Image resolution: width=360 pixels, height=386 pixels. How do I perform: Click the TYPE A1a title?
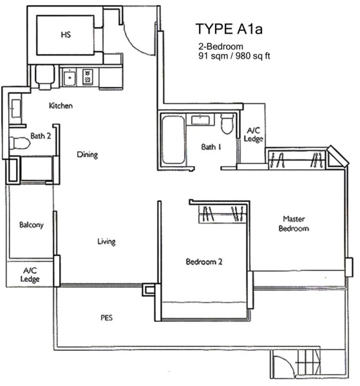[x=229, y=29]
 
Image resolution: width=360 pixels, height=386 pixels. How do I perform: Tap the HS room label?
[x=66, y=34]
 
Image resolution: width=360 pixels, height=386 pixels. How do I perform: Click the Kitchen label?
[x=61, y=105]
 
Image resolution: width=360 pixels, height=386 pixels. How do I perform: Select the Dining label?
[x=87, y=155]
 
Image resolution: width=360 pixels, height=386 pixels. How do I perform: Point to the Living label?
[x=106, y=241]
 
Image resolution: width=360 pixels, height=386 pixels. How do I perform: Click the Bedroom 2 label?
[x=204, y=261]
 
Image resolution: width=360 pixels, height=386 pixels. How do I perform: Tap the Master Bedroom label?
[x=294, y=223]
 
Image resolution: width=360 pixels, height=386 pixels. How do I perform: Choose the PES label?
[x=106, y=318]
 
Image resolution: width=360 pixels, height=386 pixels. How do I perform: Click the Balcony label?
[x=31, y=225]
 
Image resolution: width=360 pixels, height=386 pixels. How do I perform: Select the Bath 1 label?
[x=211, y=147]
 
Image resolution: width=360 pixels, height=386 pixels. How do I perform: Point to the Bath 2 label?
[x=41, y=135]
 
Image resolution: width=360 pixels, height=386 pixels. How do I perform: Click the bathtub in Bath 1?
[x=173, y=140]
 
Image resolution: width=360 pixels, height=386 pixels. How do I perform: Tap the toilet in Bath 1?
[x=227, y=123]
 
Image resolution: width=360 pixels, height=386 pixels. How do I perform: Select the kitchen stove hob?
[x=88, y=77]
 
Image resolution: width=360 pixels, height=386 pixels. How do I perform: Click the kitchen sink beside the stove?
[x=70, y=77]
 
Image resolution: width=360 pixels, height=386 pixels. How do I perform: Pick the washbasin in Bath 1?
[x=200, y=120]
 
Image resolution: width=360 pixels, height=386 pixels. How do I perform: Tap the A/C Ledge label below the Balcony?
[x=30, y=275]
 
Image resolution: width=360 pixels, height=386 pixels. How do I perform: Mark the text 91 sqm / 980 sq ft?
[x=234, y=56]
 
